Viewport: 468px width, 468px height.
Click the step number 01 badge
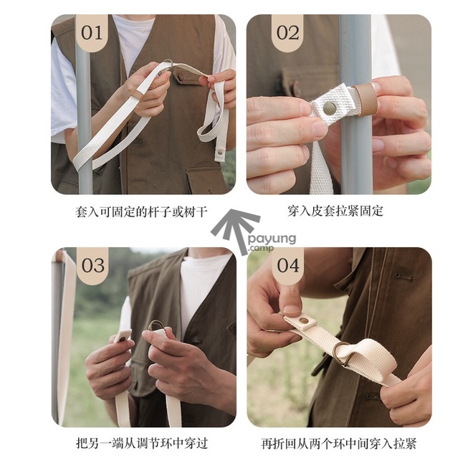92,33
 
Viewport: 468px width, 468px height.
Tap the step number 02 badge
287,33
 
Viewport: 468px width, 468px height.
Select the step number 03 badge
93,265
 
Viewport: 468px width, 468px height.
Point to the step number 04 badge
287,265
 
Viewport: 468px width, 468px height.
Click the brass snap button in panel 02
329,108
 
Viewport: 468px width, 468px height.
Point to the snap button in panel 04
304,321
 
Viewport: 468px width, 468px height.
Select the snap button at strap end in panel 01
220,153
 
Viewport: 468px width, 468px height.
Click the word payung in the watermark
272,239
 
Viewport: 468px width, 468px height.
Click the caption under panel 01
141,212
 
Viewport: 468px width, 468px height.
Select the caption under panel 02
335,211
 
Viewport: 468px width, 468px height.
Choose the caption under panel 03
142,443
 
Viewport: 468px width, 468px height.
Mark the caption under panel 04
339,444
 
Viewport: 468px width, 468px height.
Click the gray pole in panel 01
84,120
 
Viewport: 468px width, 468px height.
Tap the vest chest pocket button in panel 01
181,77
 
